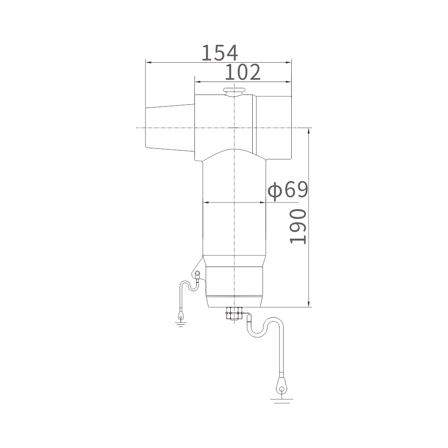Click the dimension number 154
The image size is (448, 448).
click(x=220, y=53)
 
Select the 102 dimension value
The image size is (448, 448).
click(x=243, y=72)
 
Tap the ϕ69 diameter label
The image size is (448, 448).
click(x=288, y=190)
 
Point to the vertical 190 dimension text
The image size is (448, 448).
click(x=298, y=227)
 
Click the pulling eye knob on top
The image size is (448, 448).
click(x=234, y=91)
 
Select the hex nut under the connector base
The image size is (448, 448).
click(x=234, y=313)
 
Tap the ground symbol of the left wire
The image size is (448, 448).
click(x=181, y=324)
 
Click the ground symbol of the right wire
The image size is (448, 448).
click(x=282, y=401)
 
